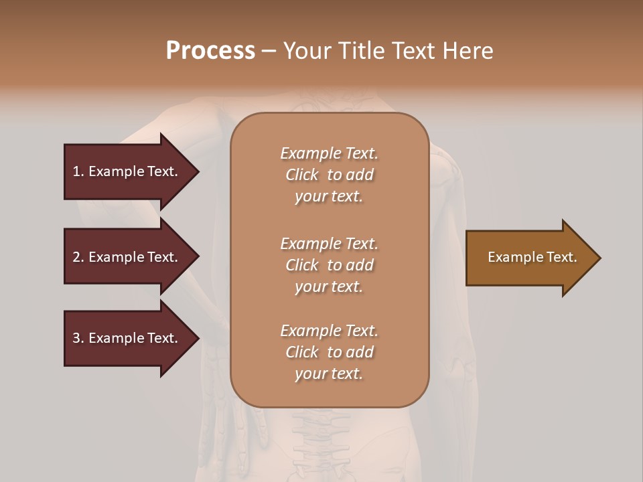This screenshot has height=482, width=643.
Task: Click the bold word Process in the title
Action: pos(210,51)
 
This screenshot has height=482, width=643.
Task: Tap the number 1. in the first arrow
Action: pos(78,171)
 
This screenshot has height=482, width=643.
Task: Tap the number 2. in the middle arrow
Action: pos(78,257)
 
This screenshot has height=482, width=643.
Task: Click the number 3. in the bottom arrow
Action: pos(78,338)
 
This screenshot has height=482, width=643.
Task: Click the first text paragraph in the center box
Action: pos(329,175)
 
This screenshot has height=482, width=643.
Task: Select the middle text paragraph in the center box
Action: pos(329,265)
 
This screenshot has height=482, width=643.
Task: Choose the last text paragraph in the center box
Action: pos(329,352)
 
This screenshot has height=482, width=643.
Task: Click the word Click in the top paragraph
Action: pos(301,175)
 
